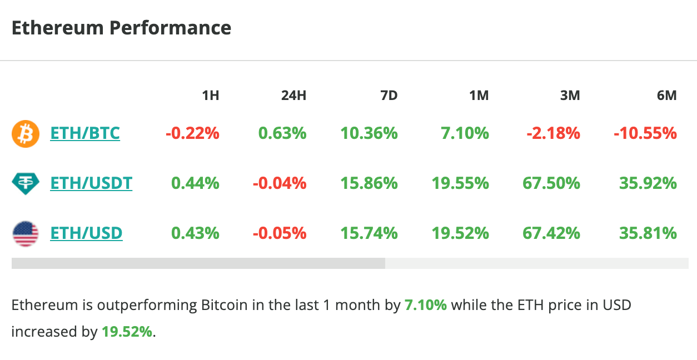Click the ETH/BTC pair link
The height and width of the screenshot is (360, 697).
pyautogui.click(x=84, y=133)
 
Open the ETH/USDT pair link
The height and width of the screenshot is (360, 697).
pyautogui.click(x=91, y=183)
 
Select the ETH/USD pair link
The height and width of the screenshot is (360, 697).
pyautogui.click(x=86, y=233)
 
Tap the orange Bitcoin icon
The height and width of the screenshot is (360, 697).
pyautogui.click(x=26, y=134)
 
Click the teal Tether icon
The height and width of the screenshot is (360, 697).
pyautogui.click(x=26, y=183)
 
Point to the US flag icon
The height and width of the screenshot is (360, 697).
pyautogui.click(x=26, y=233)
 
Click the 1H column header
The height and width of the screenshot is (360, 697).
pyautogui.click(x=210, y=96)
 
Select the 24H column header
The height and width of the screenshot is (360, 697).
pyautogui.click(x=293, y=96)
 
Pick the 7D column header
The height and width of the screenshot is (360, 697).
pyautogui.click(x=389, y=96)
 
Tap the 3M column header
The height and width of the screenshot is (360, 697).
pyautogui.click(x=570, y=96)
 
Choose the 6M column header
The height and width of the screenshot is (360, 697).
pyautogui.click(x=666, y=96)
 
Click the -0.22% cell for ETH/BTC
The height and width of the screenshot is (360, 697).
pyautogui.click(x=192, y=133)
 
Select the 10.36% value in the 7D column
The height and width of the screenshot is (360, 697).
pyautogui.click(x=369, y=133)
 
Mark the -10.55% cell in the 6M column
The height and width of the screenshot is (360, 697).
pyautogui.click(x=645, y=133)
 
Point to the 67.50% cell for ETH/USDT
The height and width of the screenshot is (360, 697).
pyautogui.click(x=551, y=183)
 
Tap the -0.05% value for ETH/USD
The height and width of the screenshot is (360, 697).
pyautogui.click(x=280, y=233)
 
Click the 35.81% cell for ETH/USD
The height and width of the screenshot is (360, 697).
pyautogui.click(x=648, y=233)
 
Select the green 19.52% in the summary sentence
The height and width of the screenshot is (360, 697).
pyautogui.click(x=127, y=332)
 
